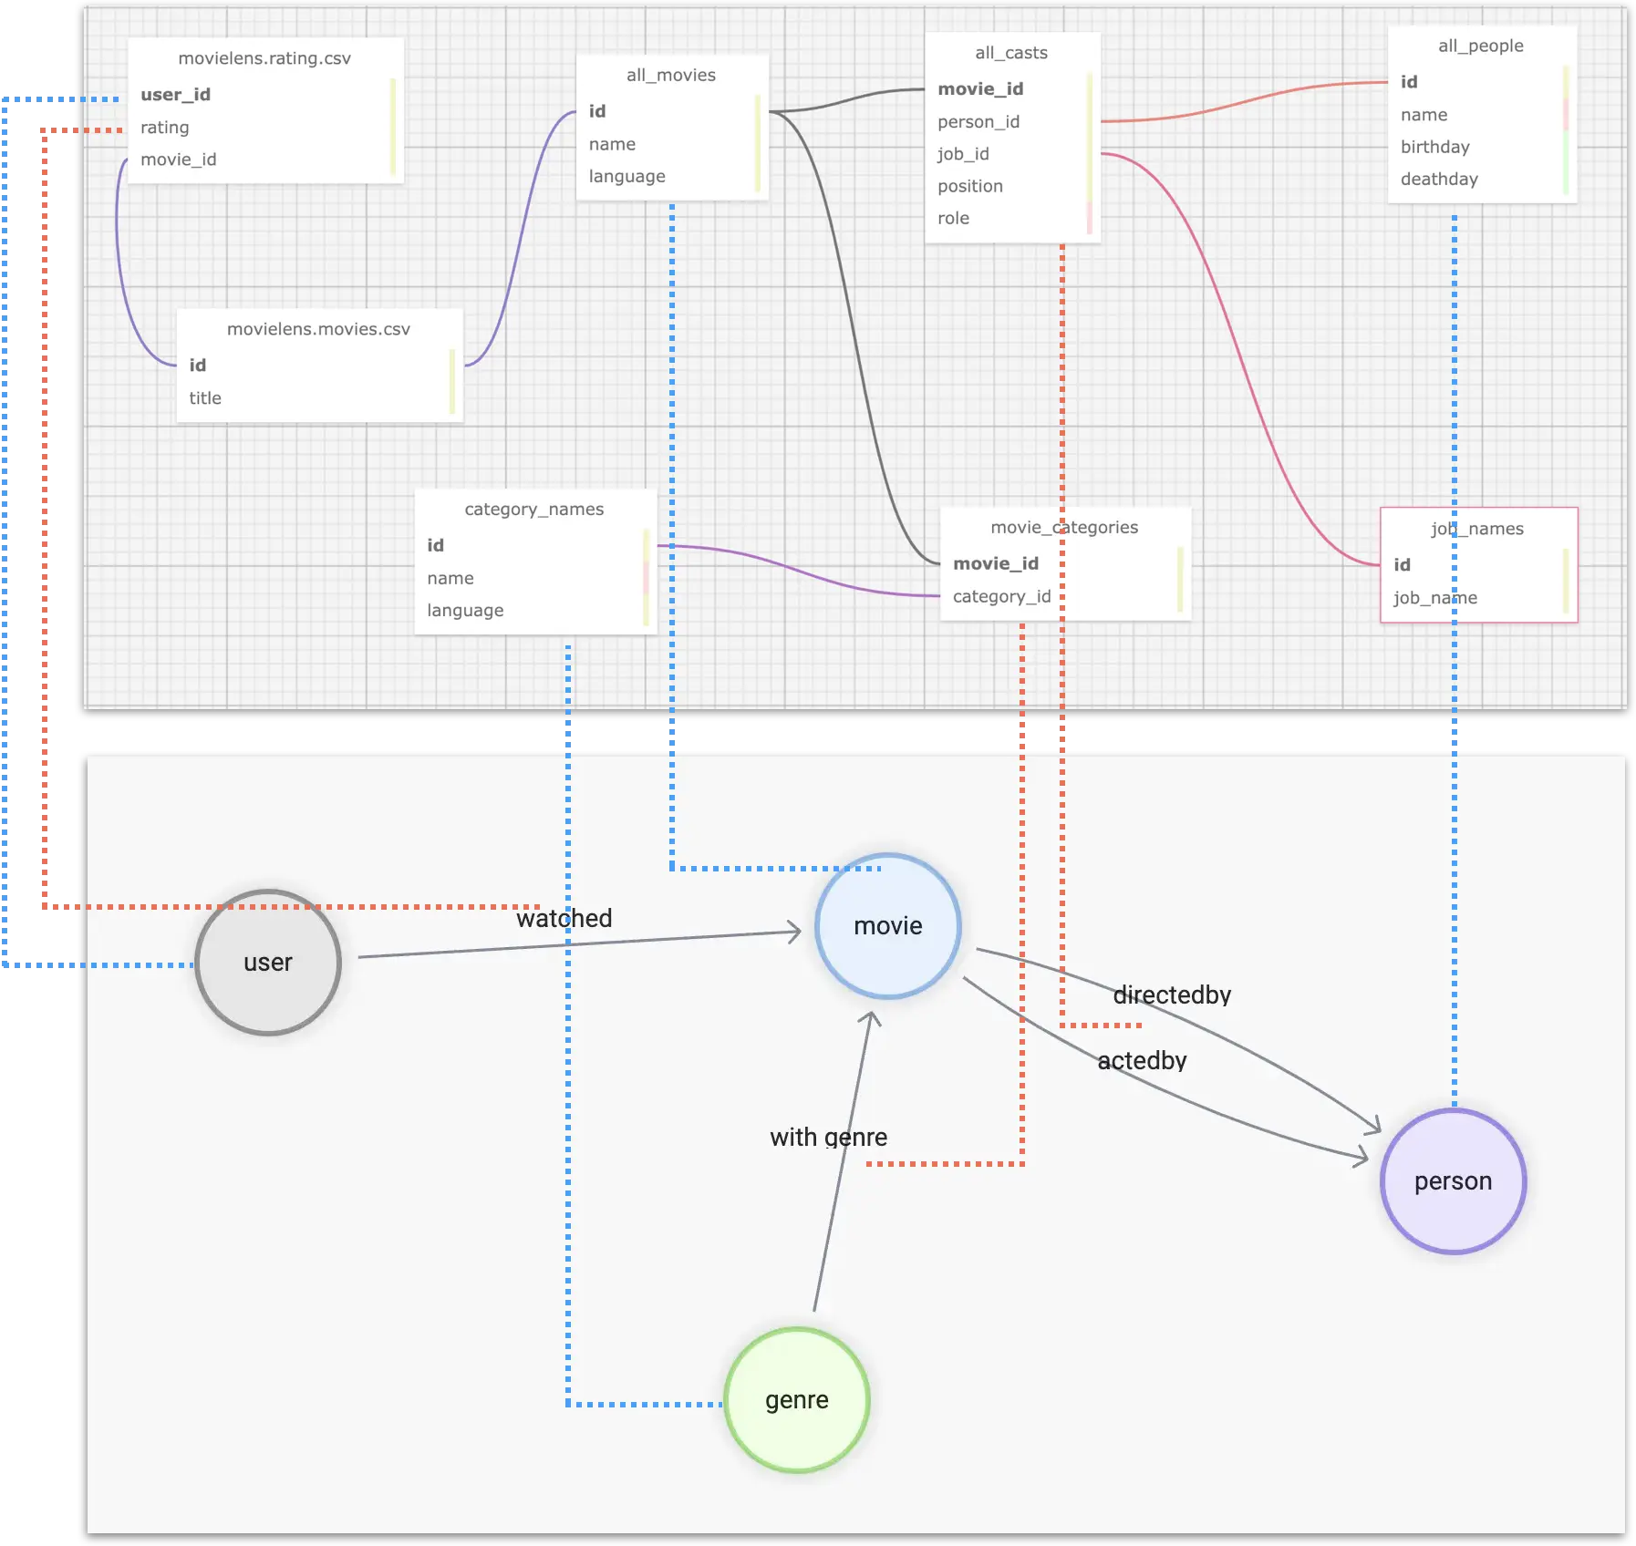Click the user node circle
click(x=268, y=963)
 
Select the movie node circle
click(x=887, y=926)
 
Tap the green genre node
click(x=797, y=1400)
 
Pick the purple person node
click(x=1453, y=1181)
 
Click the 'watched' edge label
click(x=564, y=918)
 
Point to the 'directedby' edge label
click(x=1172, y=995)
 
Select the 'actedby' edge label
click(x=1142, y=1060)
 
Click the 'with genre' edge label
click(x=828, y=1137)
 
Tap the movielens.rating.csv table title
click(x=264, y=58)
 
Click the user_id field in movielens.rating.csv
click(x=175, y=95)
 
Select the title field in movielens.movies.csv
click(x=205, y=398)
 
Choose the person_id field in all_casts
click(x=978, y=122)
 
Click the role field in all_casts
click(x=953, y=218)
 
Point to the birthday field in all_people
click(x=1434, y=147)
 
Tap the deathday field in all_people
click(x=1439, y=179)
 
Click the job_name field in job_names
click(x=1434, y=598)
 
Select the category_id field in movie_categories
click(x=1001, y=596)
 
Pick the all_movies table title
click(x=670, y=76)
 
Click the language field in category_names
click(x=465, y=610)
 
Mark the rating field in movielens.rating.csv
click(x=165, y=128)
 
